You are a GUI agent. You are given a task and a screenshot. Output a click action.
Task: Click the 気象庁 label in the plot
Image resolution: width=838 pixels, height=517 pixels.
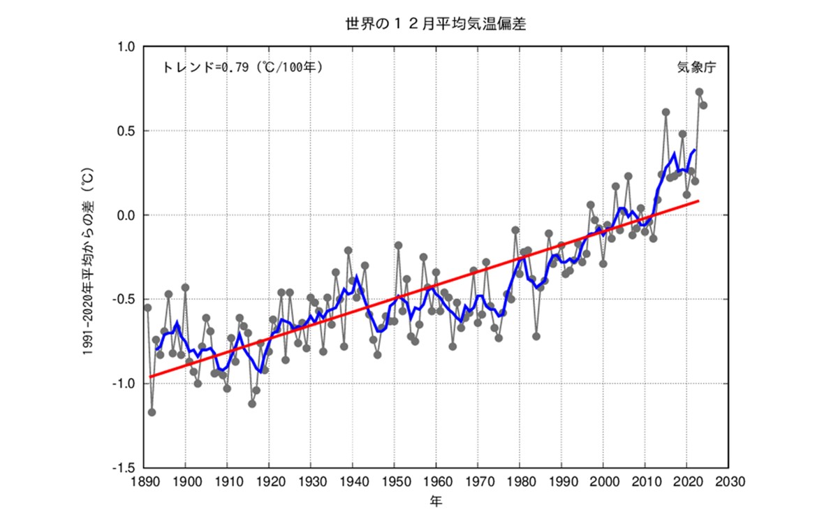pos(696,68)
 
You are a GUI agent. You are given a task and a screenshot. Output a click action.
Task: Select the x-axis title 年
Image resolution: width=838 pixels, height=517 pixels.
pos(435,501)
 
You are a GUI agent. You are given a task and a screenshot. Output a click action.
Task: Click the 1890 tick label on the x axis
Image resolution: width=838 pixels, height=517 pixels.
pos(144,482)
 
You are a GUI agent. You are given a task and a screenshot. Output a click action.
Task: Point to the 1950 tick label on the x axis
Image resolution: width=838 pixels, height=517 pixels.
pos(395,482)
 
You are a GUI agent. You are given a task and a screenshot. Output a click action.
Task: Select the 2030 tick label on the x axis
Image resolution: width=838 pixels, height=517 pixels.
pos(728,482)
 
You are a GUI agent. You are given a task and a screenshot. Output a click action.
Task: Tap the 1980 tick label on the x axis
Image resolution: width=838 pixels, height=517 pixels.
pos(520,482)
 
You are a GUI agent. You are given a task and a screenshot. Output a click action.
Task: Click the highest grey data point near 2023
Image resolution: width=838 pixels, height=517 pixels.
pos(699,92)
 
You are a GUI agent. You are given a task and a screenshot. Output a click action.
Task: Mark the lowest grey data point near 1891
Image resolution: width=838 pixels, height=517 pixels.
pos(152,412)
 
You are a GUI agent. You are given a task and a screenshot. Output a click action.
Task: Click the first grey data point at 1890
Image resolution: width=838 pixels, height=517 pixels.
pos(147,307)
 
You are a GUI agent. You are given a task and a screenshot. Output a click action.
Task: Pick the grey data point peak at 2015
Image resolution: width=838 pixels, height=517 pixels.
pos(666,112)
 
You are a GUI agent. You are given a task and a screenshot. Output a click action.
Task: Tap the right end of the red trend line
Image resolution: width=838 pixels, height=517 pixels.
pos(699,201)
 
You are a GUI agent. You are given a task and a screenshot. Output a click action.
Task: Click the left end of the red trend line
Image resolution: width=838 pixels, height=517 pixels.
pos(148,377)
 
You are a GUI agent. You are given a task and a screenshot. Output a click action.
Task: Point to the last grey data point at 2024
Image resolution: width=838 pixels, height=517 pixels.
pos(703,105)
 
